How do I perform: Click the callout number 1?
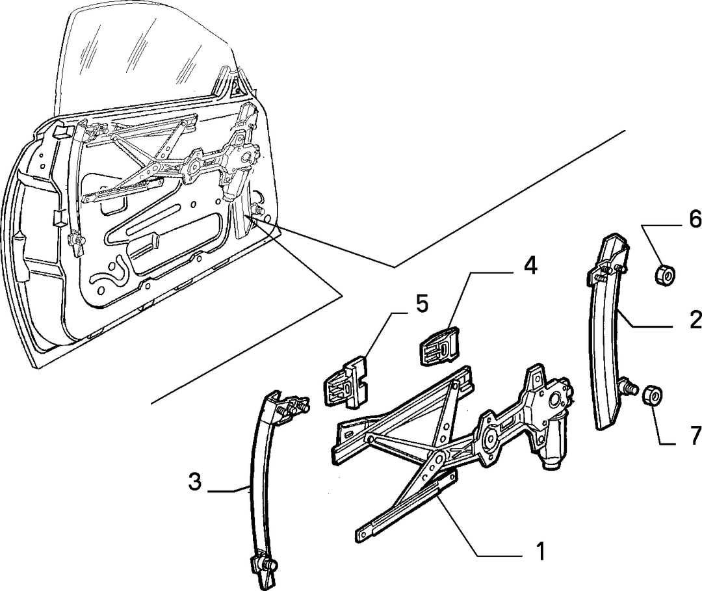(x=541, y=551)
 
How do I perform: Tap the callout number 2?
(x=694, y=320)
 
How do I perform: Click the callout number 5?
(x=421, y=304)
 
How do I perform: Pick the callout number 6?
(x=694, y=219)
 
